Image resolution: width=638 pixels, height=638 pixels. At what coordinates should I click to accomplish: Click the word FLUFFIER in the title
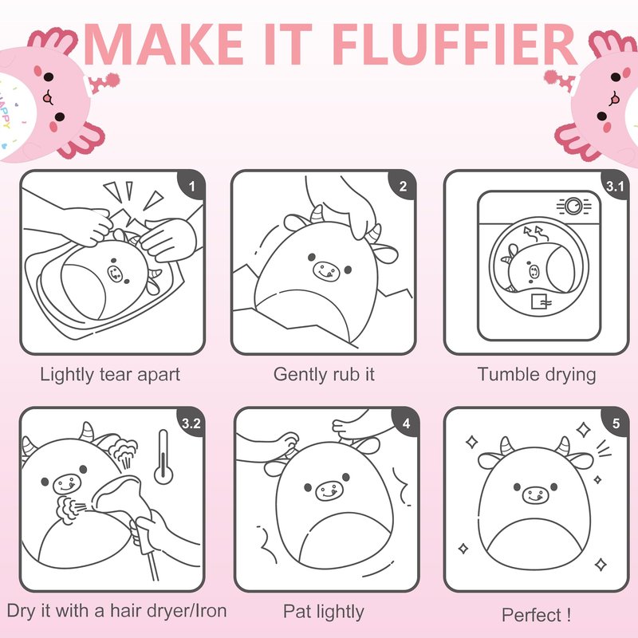(456, 44)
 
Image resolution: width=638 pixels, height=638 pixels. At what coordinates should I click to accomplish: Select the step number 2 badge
(404, 186)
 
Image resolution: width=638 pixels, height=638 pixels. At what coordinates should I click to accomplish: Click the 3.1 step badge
(615, 186)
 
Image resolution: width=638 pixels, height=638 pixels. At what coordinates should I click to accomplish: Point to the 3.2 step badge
(191, 423)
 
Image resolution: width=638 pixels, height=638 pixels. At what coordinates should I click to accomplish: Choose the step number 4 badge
(406, 423)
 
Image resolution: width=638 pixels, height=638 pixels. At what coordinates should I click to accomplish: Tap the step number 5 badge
(616, 423)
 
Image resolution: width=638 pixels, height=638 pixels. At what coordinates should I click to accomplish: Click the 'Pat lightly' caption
(324, 612)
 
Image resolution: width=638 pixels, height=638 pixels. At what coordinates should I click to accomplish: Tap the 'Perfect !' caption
(536, 614)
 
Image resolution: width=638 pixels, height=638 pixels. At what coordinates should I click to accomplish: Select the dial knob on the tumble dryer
(573, 206)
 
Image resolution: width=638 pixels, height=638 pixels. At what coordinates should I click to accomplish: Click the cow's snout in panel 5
(535, 495)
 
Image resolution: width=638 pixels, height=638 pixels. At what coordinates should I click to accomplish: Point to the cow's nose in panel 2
(326, 270)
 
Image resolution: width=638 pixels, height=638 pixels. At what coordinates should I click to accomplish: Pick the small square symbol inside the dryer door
(538, 301)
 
